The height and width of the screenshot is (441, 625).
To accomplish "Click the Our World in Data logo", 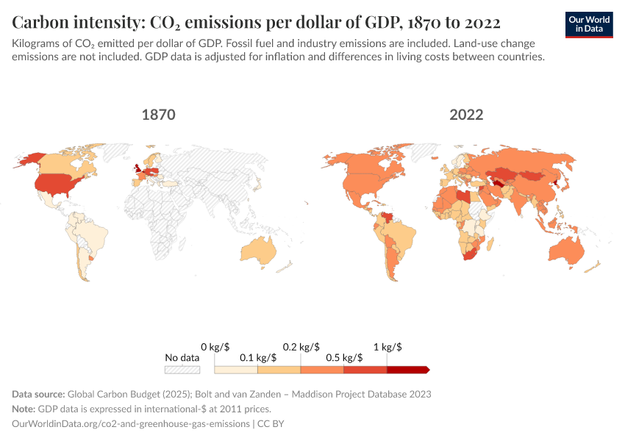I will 589,24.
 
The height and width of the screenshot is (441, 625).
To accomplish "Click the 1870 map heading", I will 158,115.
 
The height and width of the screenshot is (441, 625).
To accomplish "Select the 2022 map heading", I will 466,115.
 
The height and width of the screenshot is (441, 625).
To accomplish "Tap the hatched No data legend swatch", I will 182,370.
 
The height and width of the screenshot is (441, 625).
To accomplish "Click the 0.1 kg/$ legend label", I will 257,358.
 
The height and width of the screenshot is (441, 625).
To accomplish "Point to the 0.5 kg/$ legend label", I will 343,358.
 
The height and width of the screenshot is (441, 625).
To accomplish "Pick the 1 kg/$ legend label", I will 387,346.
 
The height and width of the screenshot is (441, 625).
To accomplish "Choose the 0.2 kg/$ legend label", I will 301,346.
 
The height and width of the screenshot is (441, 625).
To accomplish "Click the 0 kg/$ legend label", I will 215,346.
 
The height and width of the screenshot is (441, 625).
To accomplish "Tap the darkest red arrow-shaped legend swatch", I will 407,370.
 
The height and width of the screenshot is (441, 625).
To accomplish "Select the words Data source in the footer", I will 38,394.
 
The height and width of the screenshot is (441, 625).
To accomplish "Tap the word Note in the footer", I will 24,409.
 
